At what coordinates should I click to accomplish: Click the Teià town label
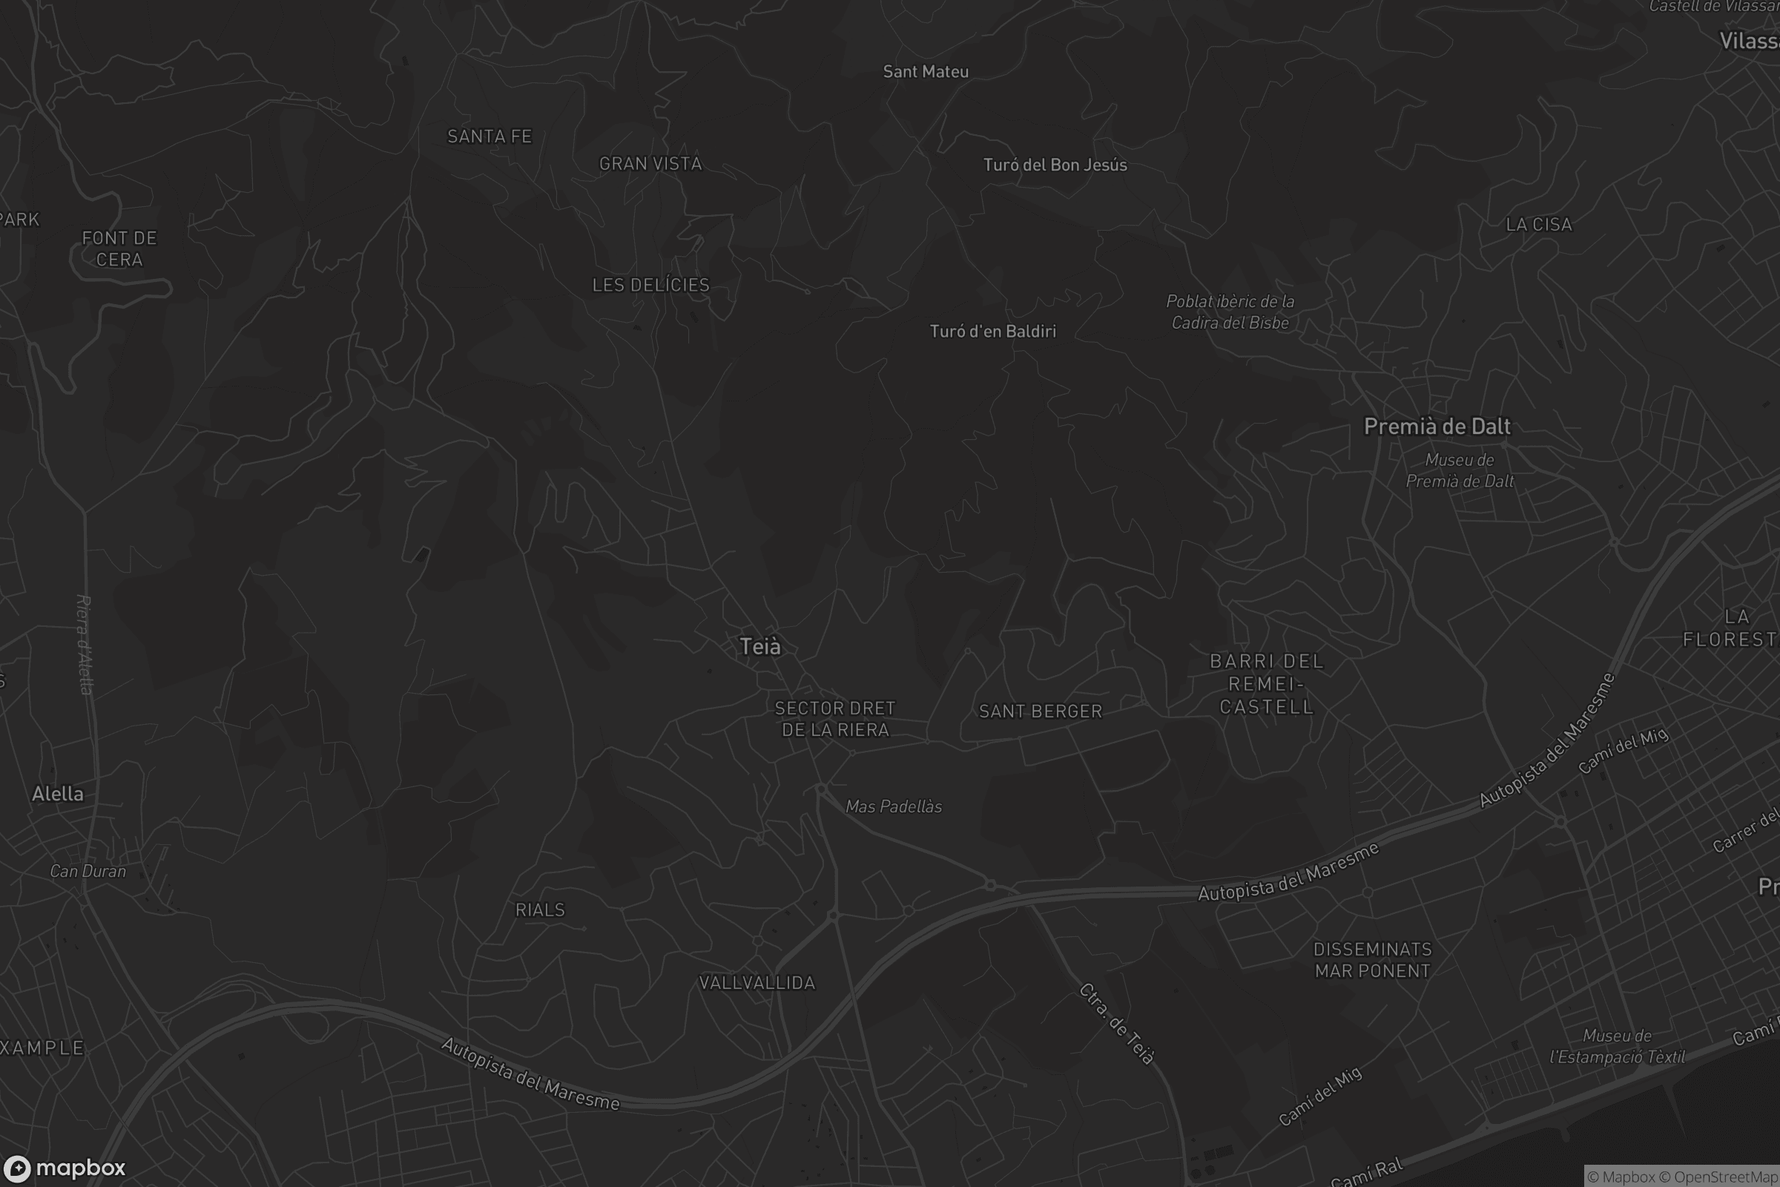coord(759,646)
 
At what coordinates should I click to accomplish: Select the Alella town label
coord(58,794)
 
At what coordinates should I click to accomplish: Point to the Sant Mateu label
coord(926,72)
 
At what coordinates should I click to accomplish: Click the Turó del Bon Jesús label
coord(1055,165)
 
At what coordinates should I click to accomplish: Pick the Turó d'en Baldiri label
coord(992,332)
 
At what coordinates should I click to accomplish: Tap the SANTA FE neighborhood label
coord(489,137)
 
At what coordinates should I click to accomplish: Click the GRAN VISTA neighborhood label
coord(650,164)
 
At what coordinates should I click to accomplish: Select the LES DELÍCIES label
coord(651,286)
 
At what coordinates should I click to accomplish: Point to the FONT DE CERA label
coord(119,249)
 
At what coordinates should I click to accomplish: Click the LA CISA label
coord(1538,225)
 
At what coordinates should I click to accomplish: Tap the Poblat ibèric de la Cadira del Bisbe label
coord(1230,312)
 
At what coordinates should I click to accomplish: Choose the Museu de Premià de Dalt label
coord(1459,471)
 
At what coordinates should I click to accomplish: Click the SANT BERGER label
coord(1041,711)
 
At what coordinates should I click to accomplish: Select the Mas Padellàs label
coord(894,807)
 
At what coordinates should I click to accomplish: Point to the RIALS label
coord(541,910)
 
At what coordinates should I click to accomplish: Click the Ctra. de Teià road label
coord(1117,1024)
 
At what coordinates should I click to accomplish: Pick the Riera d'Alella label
coord(85,644)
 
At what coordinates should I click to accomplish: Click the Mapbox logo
coord(65,1168)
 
